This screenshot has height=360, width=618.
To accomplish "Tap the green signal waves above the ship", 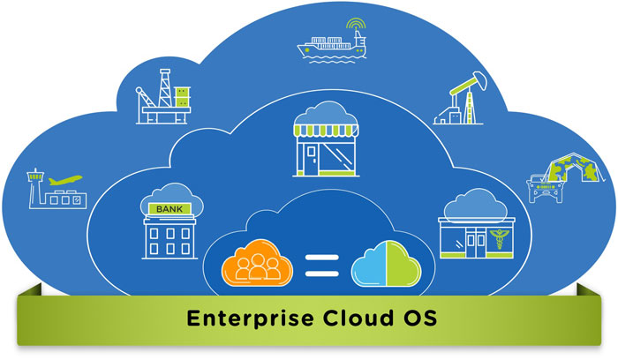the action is coord(356,24).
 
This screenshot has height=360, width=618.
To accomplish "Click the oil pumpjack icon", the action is coord(460,99).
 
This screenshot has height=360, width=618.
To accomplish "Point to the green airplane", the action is coord(65,180).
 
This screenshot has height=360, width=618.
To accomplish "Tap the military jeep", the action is coord(546,188).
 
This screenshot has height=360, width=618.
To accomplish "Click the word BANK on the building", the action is coord(170,209).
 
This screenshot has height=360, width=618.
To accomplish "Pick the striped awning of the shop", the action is coord(326,131).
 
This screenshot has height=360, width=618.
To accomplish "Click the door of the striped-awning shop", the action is coord(312,159).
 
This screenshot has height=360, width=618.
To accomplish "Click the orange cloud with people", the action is coord(257,263).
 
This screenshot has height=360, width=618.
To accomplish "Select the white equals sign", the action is coord(322,266).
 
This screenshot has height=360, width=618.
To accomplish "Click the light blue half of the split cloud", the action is coord(369,264).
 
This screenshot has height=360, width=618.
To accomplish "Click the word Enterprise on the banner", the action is coord(250,319).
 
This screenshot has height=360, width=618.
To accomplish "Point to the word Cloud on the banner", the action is coord(358,318).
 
